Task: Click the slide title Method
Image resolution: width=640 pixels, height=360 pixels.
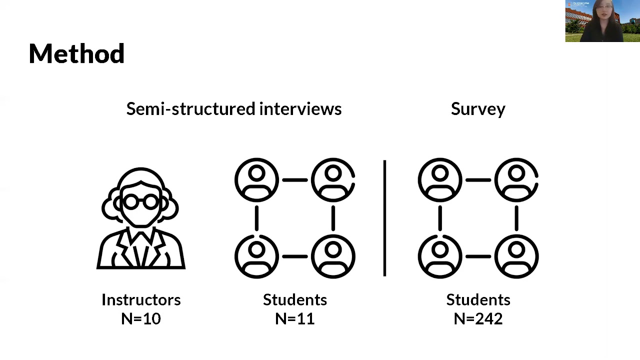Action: point(76,53)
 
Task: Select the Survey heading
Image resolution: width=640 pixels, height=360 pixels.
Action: point(478,109)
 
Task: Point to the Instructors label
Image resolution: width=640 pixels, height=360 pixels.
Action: point(141,299)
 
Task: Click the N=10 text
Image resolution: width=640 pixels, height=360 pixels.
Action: point(141,318)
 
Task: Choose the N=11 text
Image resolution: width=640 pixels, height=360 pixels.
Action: point(295,318)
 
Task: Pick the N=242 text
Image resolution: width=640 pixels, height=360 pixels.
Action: point(478,318)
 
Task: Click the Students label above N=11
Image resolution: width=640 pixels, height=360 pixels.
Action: point(295,299)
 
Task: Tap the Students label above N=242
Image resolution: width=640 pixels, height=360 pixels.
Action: point(478,299)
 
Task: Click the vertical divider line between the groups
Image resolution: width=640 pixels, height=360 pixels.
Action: point(384,218)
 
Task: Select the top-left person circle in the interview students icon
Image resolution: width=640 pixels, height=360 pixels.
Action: point(256,179)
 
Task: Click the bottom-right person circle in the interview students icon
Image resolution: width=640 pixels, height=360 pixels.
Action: point(333,256)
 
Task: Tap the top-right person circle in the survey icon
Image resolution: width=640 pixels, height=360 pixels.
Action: point(516,179)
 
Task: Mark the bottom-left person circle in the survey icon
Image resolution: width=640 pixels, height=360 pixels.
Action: point(440,256)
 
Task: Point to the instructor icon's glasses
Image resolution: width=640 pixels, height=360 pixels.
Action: point(141,202)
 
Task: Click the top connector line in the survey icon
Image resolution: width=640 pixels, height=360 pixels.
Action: point(478,179)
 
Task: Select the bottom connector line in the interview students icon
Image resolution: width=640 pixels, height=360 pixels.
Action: point(295,256)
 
